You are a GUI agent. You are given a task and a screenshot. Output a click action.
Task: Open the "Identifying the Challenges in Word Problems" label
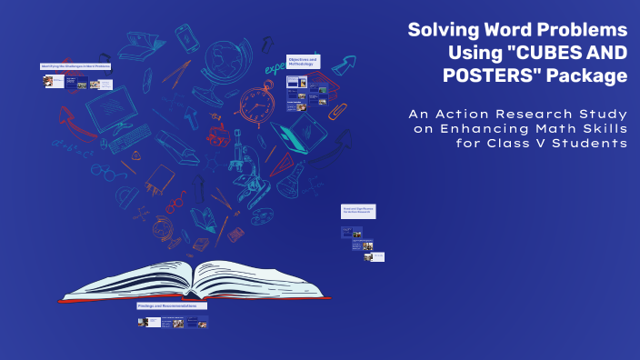click(x=76, y=66)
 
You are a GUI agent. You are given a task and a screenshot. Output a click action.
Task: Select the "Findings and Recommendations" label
click(x=172, y=306)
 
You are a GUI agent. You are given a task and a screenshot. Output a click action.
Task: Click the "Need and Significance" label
click(x=358, y=210)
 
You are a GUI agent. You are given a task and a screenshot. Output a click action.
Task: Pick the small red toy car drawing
click(x=218, y=137)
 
